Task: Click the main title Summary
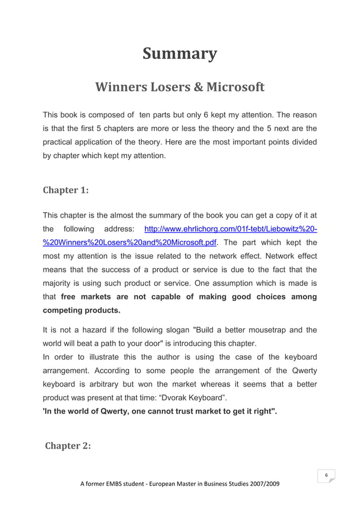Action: pos(179,54)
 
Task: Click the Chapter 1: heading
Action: pos(66,190)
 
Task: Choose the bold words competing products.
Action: pos(82,310)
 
